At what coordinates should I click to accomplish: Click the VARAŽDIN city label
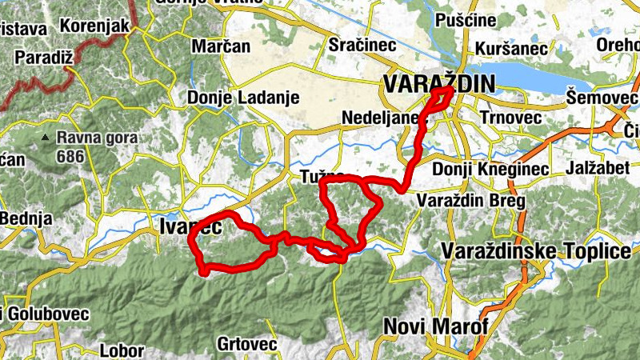point(439,82)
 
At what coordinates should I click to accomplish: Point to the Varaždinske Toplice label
point(536,252)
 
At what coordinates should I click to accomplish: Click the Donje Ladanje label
point(243,98)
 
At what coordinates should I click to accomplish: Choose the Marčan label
point(220,46)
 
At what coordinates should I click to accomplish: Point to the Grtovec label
point(247,344)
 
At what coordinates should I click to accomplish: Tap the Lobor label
point(122,350)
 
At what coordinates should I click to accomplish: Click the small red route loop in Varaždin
point(441,98)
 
